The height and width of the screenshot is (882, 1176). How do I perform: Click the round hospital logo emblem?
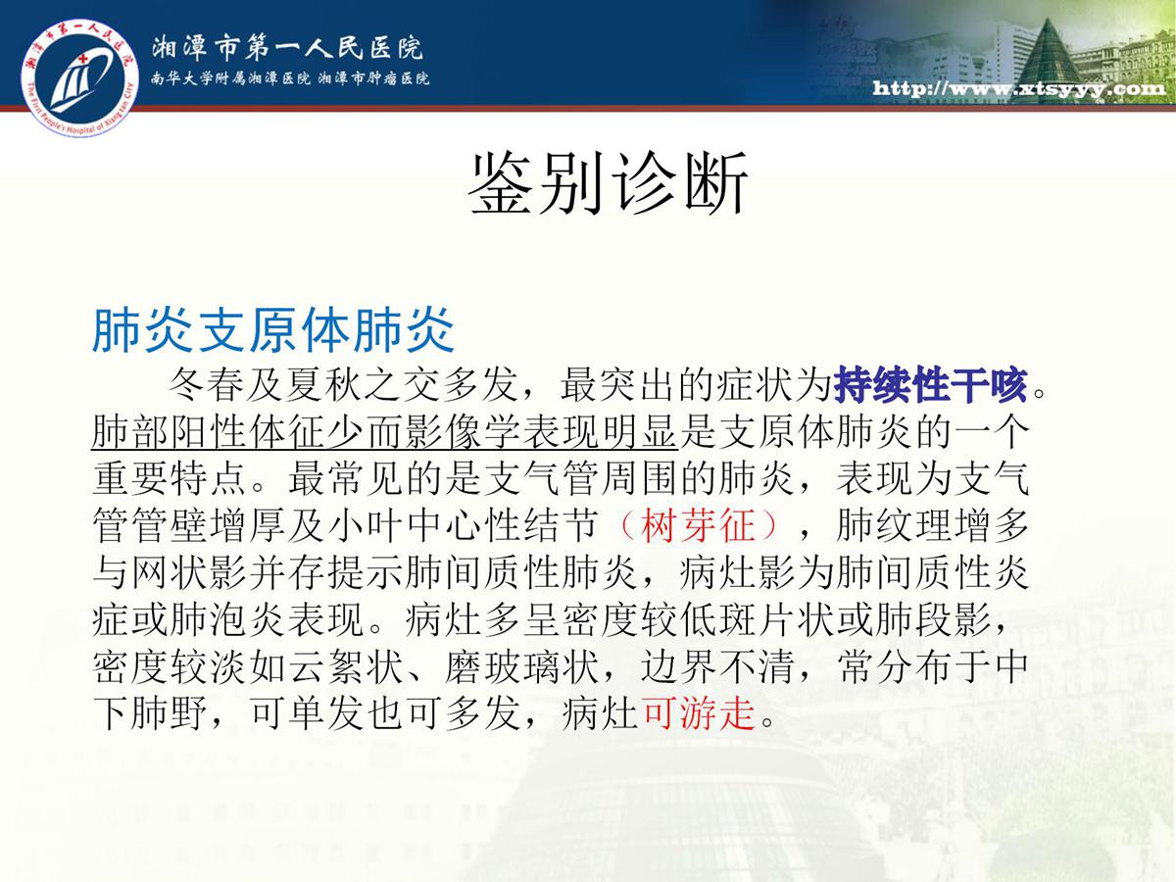click(79, 77)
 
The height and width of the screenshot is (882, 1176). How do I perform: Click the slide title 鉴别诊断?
click(609, 183)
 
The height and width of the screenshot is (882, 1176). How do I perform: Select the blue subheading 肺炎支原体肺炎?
click(273, 330)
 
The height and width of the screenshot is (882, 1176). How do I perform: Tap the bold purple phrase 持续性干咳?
click(931, 384)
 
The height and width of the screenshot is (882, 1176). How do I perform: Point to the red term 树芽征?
click(698, 525)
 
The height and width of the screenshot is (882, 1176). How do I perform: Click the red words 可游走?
click(699, 713)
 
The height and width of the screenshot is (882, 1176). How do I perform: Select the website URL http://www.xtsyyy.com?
click(1019, 88)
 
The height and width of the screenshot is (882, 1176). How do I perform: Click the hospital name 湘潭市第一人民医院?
click(287, 48)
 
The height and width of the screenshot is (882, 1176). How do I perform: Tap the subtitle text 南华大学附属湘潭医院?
click(230, 78)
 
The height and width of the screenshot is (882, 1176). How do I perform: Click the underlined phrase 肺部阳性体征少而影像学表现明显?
click(385, 431)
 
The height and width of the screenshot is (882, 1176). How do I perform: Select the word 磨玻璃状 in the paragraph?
click(521, 666)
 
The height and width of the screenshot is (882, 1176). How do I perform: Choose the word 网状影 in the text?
click(189, 572)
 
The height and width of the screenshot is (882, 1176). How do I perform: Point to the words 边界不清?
click(717, 666)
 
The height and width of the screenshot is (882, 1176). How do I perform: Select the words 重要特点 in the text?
click(170, 479)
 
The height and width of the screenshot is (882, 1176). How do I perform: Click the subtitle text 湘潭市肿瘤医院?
click(373, 78)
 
